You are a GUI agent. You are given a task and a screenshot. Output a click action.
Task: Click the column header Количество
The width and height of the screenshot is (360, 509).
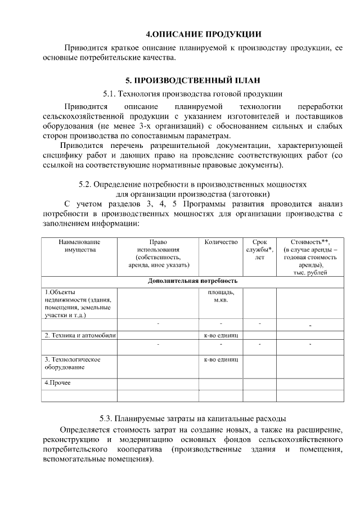tap(221, 242)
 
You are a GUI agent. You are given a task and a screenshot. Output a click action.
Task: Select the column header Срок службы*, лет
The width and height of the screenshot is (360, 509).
tap(259, 249)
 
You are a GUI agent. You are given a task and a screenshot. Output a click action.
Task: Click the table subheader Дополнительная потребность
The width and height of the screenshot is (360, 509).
tap(192, 280)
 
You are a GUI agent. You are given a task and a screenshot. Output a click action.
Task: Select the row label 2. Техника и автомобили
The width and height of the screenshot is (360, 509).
tap(79, 335)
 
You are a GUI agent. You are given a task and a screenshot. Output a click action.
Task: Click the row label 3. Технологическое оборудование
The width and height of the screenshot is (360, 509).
tap(73, 363)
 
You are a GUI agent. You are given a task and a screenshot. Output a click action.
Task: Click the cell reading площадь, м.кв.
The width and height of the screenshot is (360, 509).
tap(221, 296)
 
